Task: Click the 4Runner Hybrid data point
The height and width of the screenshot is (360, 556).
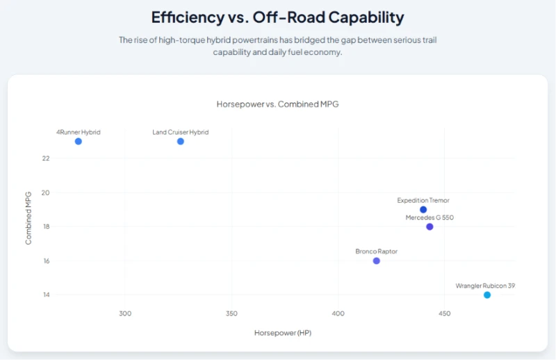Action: point(79,142)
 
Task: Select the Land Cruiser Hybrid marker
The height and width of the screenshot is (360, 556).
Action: point(181,142)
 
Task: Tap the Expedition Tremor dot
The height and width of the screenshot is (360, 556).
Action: point(423,210)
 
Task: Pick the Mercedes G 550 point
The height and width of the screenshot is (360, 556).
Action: point(430,227)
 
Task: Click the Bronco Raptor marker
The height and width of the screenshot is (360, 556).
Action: point(376,261)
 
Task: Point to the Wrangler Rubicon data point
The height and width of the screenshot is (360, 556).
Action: point(487,295)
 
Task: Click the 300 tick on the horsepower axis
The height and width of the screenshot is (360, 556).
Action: point(125,313)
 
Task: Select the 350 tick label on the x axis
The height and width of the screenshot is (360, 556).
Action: point(231,313)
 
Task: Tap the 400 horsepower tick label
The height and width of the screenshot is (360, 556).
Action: point(338,313)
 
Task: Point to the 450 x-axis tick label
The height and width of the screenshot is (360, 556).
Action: point(444,313)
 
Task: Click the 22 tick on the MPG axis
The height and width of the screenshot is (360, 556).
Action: point(46,158)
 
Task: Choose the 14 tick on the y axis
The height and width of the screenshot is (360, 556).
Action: point(47,295)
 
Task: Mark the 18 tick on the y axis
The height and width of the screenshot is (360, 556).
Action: point(47,227)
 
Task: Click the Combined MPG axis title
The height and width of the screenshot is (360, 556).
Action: point(28,218)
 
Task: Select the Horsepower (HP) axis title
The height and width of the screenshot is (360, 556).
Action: point(283,333)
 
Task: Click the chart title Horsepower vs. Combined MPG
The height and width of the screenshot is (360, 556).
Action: point(277,104)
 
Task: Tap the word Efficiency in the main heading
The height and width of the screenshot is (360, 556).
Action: point(188,17)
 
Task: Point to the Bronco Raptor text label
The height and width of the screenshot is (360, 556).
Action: point(376,252)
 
